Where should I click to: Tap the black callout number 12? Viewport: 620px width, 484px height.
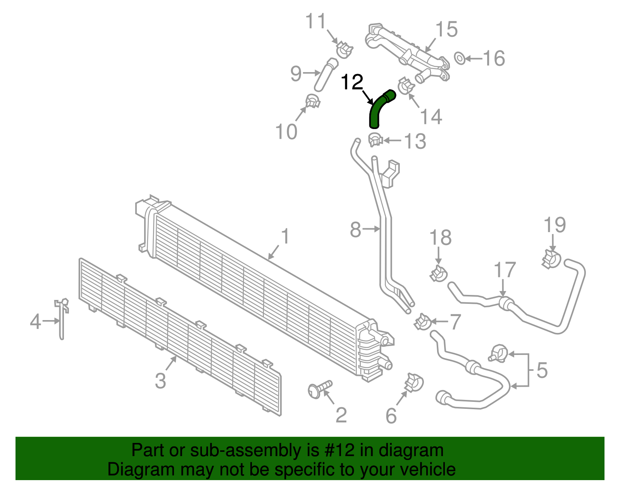(352, 82)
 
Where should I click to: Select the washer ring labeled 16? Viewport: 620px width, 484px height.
(460, 59)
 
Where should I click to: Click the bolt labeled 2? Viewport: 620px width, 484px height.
(320, 389)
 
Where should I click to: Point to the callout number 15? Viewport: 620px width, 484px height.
(446, 29)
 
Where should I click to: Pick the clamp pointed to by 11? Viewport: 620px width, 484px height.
(344, 49)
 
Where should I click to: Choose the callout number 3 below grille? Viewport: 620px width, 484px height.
(160, 381)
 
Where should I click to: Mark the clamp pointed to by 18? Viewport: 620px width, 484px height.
(439, 273)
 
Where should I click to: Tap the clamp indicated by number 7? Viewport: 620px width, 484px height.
(422, 322)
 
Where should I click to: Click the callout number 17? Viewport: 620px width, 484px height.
(505, 270)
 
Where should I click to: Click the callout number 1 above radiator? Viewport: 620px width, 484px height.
(285, 236)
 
